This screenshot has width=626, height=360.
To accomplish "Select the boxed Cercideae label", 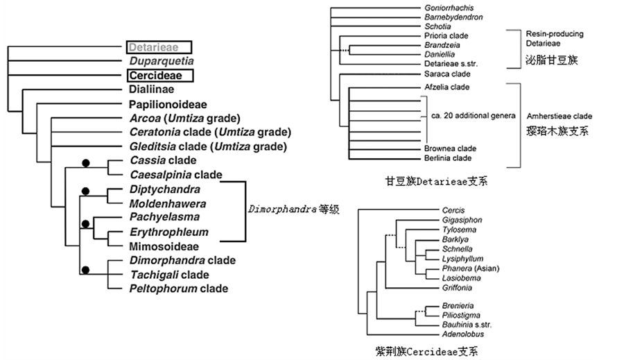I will coord(159,76).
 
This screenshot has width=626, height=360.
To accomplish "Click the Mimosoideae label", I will coord(164,246).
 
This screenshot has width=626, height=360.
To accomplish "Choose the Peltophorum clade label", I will coord(178,289).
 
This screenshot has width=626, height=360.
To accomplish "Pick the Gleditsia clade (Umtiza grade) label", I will coord(208,146).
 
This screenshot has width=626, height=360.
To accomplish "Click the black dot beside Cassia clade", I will coord(86,162).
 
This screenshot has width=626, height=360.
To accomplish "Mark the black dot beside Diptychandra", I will coord(86,190).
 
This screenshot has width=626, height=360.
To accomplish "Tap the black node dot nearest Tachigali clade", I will coord(86,270).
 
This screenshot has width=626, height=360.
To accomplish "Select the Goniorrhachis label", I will coord(449,8).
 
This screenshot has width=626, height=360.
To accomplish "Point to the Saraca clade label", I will coord(446,73).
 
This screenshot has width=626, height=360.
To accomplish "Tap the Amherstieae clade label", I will coord(559,116).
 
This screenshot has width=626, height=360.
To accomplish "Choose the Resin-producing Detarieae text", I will coord(554,38).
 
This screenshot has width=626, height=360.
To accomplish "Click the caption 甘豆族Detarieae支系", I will coord(437,182).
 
